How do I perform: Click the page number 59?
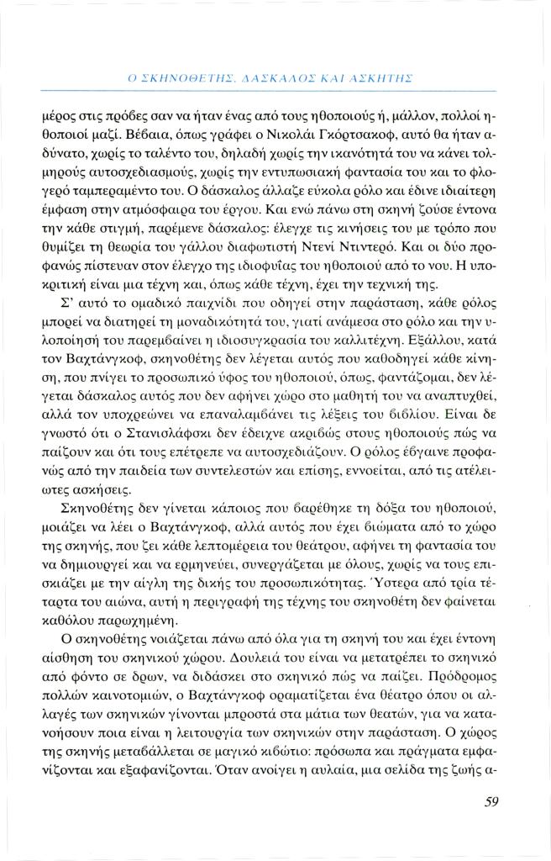click(491, 801)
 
